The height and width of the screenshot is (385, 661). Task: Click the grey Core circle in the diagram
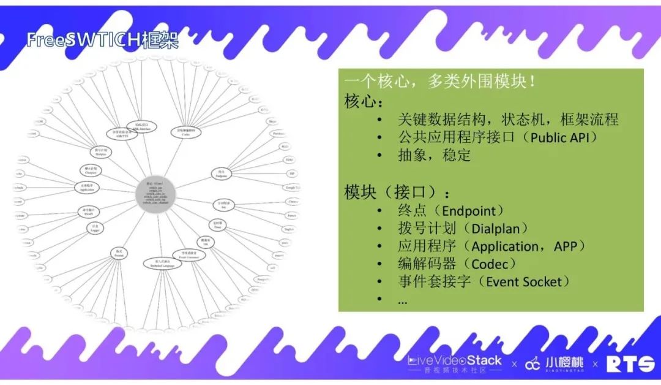[155, 196]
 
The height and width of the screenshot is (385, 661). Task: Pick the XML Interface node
[141, 126]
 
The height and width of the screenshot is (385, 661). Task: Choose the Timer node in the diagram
[217, 225]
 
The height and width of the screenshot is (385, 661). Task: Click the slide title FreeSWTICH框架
[102, 40]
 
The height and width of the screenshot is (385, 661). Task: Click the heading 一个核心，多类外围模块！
[441, 82]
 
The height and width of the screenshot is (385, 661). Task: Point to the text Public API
[559, 137]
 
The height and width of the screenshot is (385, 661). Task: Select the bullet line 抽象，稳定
[434, 155]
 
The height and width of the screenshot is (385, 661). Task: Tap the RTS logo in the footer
[630, 364]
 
